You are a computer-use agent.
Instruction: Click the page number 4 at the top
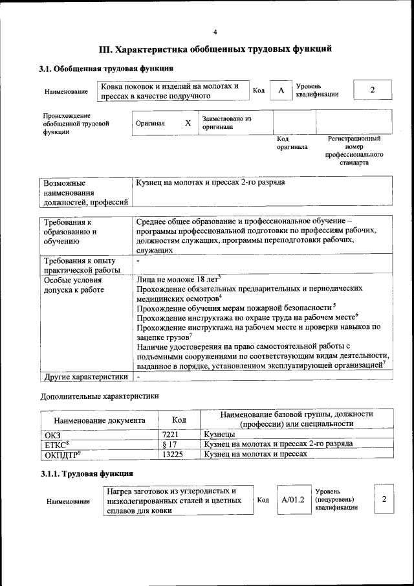pos(215,32)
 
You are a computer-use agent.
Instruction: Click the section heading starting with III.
pos(215,49)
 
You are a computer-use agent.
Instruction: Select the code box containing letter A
pos(281,91)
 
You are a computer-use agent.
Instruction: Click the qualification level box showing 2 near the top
pos(372,90)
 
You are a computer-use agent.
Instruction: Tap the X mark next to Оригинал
pos(188,122)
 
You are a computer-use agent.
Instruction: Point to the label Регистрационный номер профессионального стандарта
pos(354,150)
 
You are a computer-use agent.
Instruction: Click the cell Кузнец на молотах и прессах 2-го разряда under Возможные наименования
pos(210,183)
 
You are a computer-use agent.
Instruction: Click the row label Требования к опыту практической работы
pos(82,265)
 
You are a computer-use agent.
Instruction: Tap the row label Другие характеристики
pos(84,376)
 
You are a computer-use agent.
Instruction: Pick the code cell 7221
pos(169,434)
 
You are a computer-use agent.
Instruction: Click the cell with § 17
pos(169,444)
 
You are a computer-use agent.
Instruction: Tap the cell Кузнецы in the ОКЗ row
pos(219,434)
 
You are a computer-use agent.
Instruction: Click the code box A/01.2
pos(292,500)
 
